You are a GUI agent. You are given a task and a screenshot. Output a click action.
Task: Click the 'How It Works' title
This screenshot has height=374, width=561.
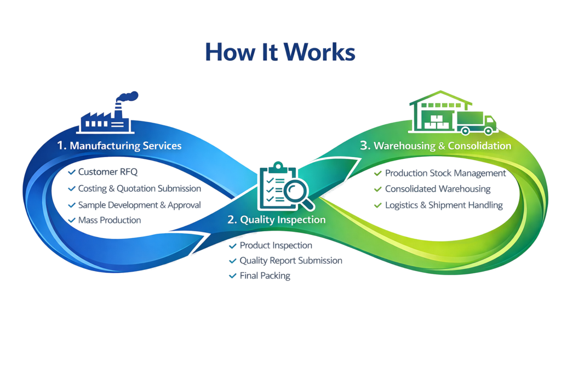280,52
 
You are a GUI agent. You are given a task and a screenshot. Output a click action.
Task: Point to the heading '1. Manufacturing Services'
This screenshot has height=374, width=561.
119,146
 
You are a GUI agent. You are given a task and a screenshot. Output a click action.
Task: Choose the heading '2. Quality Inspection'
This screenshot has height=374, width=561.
277,220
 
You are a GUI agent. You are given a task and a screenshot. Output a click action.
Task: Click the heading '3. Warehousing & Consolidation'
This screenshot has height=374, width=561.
436,146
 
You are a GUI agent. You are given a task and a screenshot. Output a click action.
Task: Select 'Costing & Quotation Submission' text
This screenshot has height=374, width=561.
139,188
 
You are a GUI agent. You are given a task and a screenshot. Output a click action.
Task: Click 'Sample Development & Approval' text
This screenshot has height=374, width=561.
139,205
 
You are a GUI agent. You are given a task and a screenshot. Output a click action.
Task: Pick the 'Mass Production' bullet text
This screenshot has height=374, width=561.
109,220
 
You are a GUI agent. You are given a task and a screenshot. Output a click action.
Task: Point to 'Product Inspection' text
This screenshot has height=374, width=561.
276,245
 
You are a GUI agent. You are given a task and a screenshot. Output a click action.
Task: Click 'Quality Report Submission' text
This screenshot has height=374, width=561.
290,261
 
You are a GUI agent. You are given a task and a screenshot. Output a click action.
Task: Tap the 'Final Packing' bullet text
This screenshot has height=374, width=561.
265,276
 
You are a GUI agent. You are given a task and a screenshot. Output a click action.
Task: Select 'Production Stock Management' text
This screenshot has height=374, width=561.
445,173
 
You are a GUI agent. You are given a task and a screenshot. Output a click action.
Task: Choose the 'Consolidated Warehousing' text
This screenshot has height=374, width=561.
437,189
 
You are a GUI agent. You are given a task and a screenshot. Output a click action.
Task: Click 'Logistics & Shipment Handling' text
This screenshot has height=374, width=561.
443,205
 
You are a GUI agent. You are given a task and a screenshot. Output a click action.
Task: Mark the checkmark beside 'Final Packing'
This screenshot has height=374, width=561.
233,276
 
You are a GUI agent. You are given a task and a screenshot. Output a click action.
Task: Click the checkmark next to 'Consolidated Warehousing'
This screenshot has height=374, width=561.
377,189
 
